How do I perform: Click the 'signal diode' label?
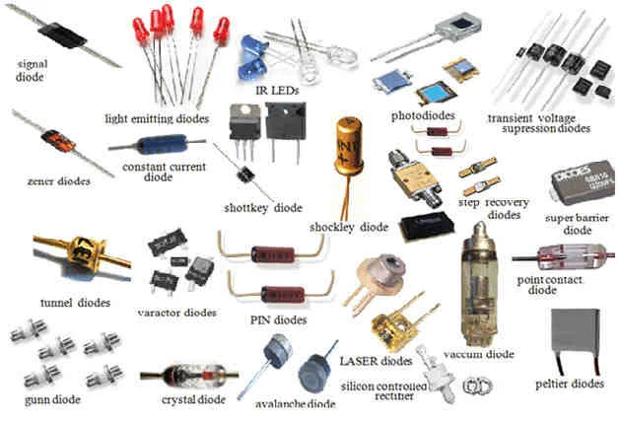pos(34,70)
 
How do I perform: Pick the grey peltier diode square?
pos(576,334)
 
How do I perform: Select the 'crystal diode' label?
pos(193,400)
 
